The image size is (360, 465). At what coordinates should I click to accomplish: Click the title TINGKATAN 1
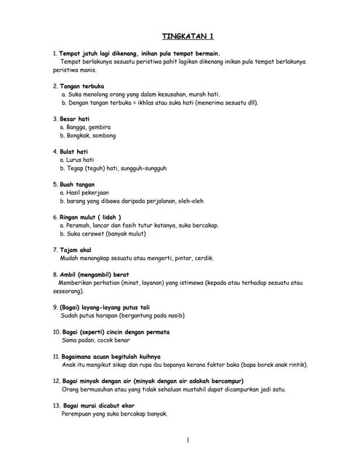[x=187, y=36]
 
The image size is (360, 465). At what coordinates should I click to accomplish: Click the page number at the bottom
[x=187, y=440]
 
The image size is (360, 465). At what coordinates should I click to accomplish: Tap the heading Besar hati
[x=75, y=118]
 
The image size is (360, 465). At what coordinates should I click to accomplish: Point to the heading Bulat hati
[x=74, y=151]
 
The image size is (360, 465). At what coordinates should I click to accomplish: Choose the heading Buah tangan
[x=77, y=184]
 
